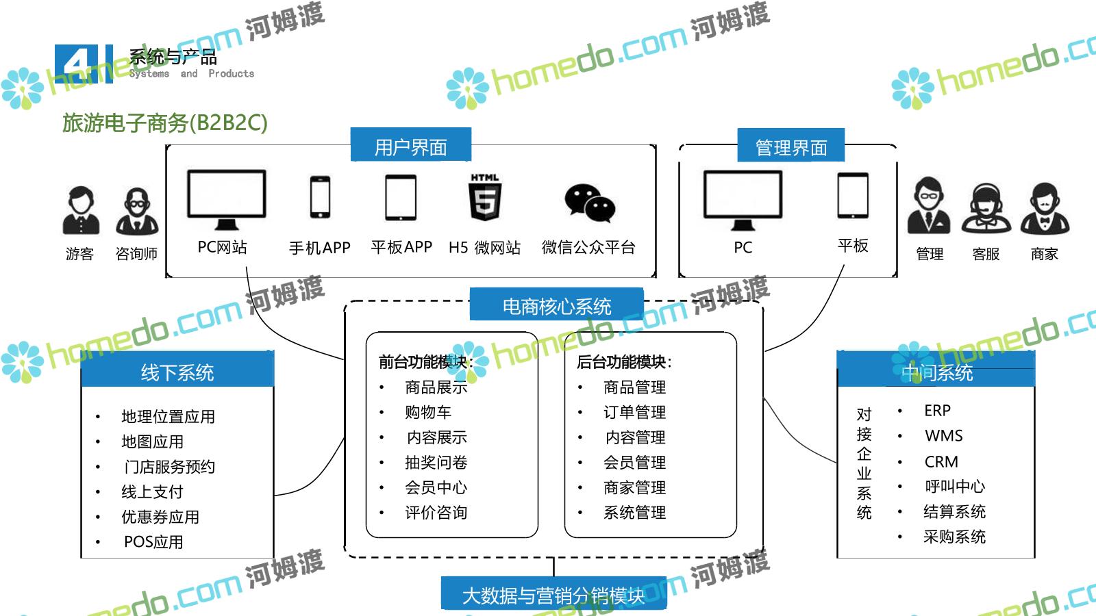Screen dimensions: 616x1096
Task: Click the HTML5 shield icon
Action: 485,198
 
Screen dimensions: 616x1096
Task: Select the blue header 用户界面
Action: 410,146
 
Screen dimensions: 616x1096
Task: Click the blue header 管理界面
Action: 790,146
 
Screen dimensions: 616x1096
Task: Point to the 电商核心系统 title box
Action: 556,305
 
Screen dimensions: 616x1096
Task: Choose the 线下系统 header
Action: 177,372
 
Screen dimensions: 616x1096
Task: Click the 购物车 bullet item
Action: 428,412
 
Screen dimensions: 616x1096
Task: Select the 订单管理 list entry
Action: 634,412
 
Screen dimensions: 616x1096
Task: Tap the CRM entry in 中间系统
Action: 941,461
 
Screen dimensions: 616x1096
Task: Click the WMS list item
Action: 943,436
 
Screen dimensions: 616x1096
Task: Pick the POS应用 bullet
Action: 153,542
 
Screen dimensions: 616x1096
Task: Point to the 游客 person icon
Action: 81,211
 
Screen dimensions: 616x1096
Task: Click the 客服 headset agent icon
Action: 986,209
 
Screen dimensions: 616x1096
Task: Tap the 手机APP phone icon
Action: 320,197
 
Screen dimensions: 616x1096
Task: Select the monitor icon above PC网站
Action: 226,198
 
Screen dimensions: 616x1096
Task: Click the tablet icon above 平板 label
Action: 853,196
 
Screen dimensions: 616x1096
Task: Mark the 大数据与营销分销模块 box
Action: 553,594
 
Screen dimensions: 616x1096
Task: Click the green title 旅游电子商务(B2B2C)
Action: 164,123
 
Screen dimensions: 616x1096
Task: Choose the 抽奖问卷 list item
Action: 436,463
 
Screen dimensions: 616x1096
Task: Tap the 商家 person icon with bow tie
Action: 1045,209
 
